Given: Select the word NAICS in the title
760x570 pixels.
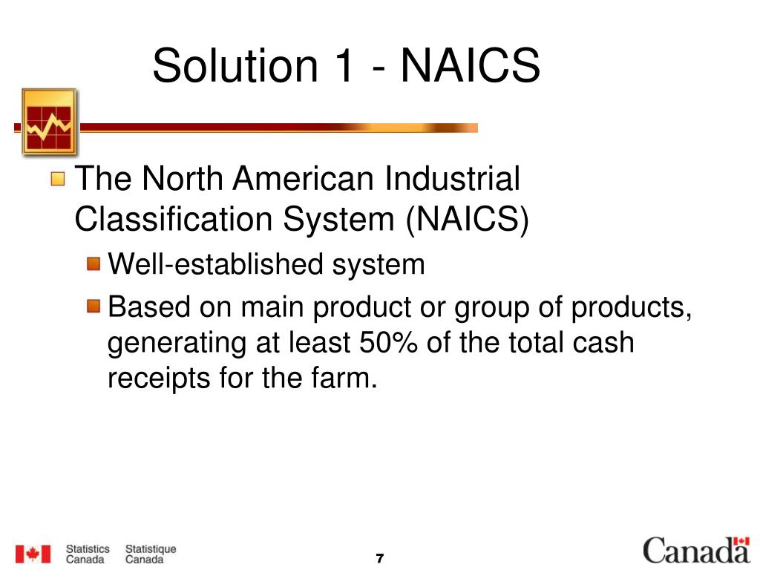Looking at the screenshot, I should tap(471, 65).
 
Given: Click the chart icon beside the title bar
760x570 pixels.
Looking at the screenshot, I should tap(49, 122).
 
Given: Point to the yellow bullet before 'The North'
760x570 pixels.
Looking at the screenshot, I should tap(59, 179).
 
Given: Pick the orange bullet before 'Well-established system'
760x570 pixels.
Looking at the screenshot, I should tap(93, 263).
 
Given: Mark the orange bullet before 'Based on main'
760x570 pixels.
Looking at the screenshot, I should tap(93, 306).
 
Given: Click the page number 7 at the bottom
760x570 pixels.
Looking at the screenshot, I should tap(379, 558).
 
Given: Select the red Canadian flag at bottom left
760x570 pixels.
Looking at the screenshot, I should tap(34, 554).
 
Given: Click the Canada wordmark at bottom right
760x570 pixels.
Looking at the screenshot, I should tap(696, 551).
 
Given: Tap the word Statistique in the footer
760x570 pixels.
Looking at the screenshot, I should tap(151, 549).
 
